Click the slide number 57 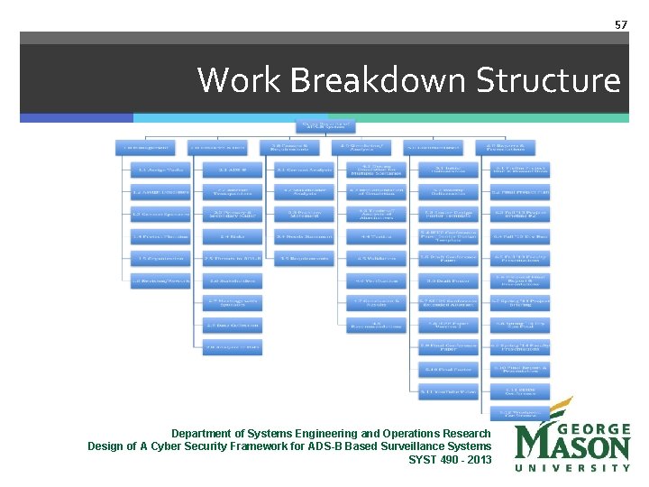tap(621, 24)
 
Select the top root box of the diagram tap(324, 124)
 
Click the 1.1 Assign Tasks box tap(160, 169)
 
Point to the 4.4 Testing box tap(377, 236)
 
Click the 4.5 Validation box tap(377, 259)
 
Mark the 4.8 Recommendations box tap(377, 325)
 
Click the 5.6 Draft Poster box tap(448, 280)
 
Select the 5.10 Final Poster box tap(448, 369)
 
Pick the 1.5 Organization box tap(160, 259)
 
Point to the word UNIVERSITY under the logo tap(572, 468)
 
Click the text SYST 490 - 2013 tap(450, 459)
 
